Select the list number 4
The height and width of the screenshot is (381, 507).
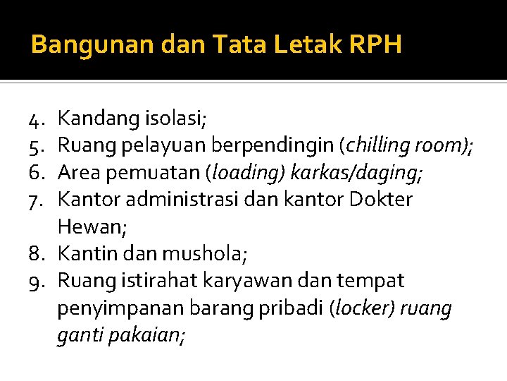[38, 118]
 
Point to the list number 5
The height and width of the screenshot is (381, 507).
[38, 145]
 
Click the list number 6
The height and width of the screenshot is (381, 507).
[38, 172]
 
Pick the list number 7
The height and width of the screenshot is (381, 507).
[38, 199]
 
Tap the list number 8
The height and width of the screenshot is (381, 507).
[38, 253]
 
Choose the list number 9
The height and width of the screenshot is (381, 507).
[38, 281]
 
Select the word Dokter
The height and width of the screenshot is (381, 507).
[380, 199]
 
